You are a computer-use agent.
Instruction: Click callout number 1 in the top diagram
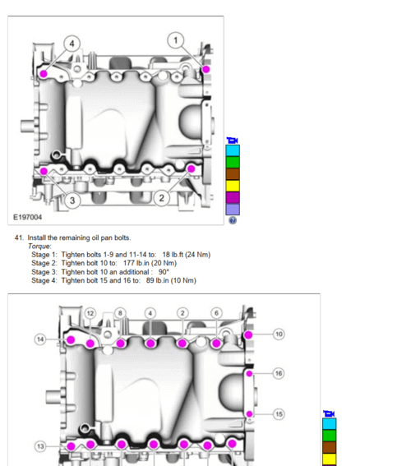pos(175,39)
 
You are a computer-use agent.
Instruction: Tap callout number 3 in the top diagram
pos(72,200)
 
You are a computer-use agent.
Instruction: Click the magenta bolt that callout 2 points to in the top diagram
pos(192,168)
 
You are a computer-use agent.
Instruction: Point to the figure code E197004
pos(29,217)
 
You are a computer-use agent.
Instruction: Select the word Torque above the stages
pos(39,246)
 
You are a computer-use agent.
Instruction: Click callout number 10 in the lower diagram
pos(279,335)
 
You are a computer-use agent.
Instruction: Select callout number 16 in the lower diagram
pos(279,373)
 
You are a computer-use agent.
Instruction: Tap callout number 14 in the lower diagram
pos(39,339)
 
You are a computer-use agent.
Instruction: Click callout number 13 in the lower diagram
pos(39,445)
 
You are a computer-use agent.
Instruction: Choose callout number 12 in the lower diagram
pos(90,313)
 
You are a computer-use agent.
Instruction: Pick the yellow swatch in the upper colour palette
pos(233,185)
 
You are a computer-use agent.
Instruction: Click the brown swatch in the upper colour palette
pos(233,173)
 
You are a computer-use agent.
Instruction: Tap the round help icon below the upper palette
pos(233,220)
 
